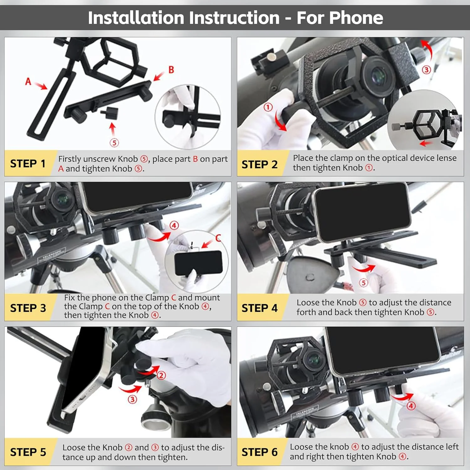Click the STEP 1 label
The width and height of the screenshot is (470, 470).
28,164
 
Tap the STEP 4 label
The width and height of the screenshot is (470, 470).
259,308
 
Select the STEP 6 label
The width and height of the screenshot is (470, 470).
259,452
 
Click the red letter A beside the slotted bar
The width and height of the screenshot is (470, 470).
28,81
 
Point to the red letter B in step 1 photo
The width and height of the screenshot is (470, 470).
171,70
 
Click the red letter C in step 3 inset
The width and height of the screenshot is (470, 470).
218,238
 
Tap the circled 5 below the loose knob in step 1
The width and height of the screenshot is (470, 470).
114,143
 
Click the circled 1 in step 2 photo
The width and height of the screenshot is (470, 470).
268,107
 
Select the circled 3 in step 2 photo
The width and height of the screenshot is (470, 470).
426,70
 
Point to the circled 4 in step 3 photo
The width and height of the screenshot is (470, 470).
174,225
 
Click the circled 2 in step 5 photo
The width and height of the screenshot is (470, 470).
161,375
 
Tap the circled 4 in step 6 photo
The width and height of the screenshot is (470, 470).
411,406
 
